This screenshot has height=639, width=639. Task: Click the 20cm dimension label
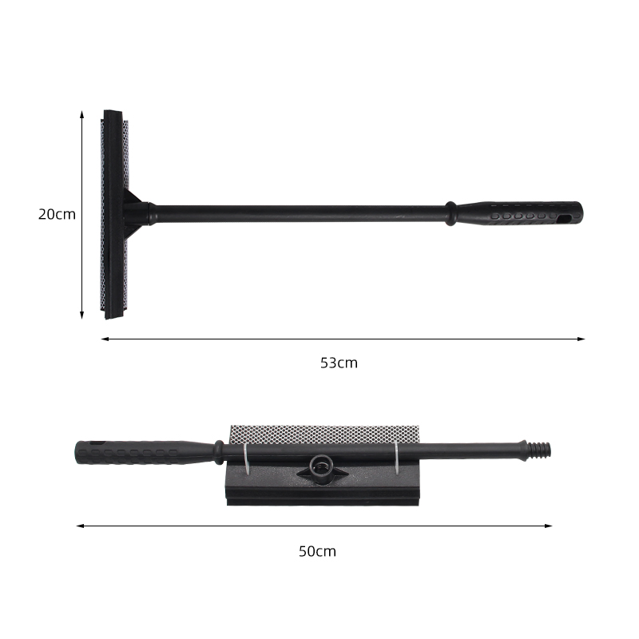tap(57, 214)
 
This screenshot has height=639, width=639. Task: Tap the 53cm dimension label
tap(339, 363)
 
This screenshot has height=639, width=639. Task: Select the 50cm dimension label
tap(317, 551)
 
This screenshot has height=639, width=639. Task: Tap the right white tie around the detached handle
tap(395, 454)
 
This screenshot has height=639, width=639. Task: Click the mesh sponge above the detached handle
tap(319, 434)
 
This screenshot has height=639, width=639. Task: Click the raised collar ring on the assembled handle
tap(451, 213)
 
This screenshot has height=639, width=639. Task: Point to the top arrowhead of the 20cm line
tap(81, 113)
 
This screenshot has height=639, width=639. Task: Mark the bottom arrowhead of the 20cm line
tap(81, 316)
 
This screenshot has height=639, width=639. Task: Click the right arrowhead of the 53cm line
tap(581, 339)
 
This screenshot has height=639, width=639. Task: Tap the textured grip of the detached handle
tap(136, 452)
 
